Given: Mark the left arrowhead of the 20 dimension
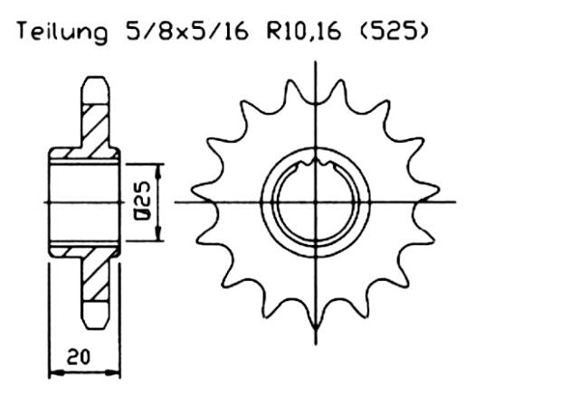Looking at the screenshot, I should coord(51,370).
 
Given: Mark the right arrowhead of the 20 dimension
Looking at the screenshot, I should coord(117,370).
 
